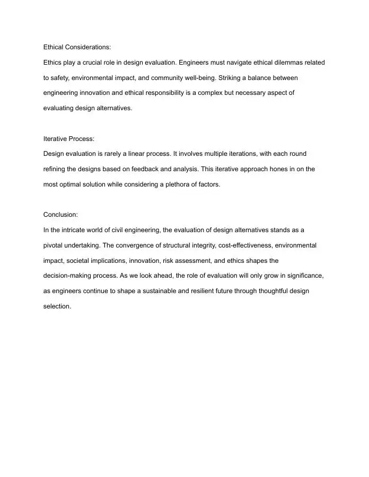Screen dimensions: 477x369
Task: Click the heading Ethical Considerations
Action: [x=77, y=47]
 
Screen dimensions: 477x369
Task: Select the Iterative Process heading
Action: [x=68, y=139]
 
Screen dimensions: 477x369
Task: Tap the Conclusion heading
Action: [x=60, y=215]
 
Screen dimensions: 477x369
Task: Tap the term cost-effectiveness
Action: [x=242, y=245]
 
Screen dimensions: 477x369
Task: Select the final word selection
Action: [x=57, y=306]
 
